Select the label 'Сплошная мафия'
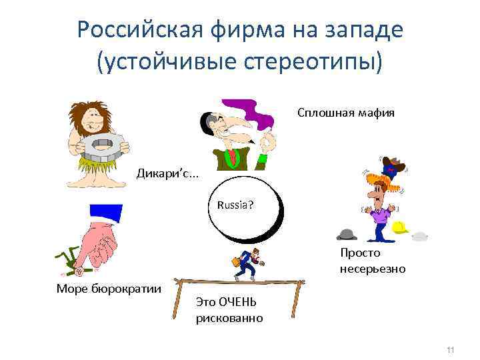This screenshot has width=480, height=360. (345, 113)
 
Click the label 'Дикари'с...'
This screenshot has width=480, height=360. (167, 174)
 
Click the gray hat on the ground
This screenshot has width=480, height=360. (347, 234)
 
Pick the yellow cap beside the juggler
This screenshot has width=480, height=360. (400, 227)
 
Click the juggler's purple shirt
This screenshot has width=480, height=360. (379, 214)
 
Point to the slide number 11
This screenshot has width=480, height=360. (450, 350)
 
